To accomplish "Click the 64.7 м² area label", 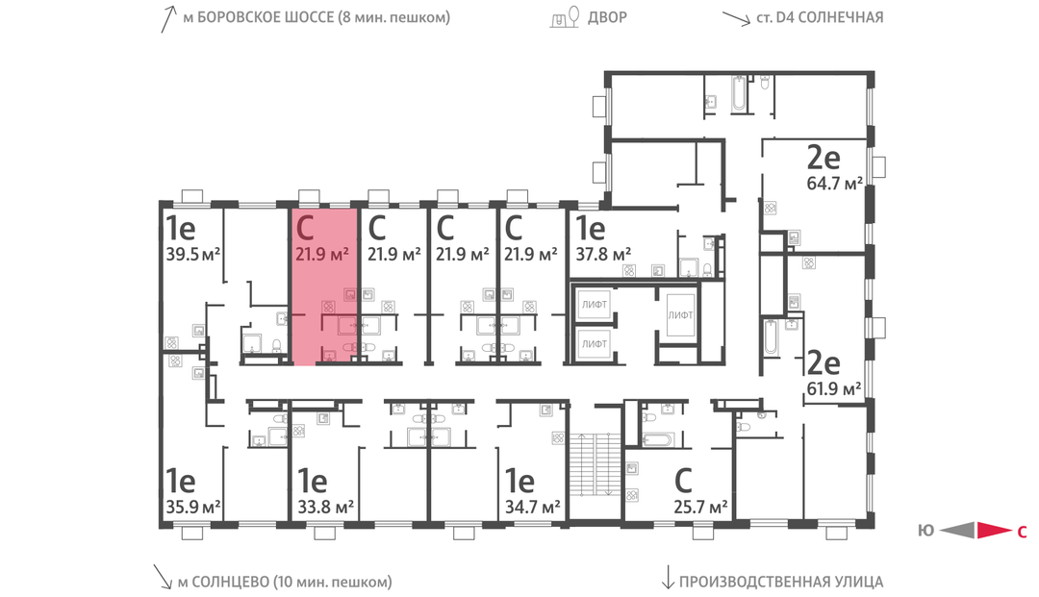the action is tap(834, 183).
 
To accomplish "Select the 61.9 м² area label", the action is tap(833, 388).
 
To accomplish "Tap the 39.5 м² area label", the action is tap(192, 254).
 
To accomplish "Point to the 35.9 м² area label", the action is tap(192, 508).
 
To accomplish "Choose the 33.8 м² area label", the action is tap(325, 508).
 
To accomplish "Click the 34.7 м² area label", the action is tap(533, 508).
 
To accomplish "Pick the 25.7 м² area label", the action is tap(701, 508).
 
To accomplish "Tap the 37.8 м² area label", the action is tap(603, 254).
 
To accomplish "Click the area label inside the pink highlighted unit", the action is tap(322, 254).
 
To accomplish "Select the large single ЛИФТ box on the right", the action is tap(680, 315).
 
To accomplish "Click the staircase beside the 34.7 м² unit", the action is tap(596, 464).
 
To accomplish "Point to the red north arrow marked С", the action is tap(995, 530).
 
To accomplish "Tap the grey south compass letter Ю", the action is tap(925, 530).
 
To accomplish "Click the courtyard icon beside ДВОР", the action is tap(566, 17).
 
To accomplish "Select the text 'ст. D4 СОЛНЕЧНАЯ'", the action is tap(820, 17).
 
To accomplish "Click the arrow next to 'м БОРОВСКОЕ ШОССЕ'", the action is tap(169, 18).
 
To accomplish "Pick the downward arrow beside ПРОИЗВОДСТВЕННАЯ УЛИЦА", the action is tap(668, 577).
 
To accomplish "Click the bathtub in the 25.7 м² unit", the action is tap(657, 439).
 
